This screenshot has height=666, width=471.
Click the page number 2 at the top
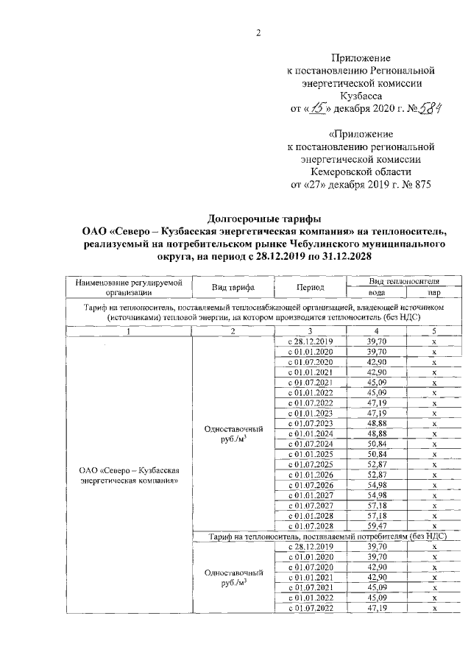[258, 32]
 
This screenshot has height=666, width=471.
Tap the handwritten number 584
[427, 109]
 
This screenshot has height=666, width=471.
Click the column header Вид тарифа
[233, 287]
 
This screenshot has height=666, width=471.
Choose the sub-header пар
[434, 292]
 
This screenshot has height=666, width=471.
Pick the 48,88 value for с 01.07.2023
[377, 424]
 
